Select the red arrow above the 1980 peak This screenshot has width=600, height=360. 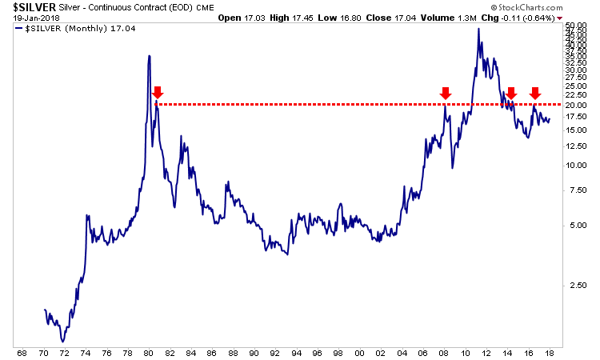tap(158, 93)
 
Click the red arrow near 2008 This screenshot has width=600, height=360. tap(446, 94)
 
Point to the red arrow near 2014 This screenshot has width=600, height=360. tap(511, 94)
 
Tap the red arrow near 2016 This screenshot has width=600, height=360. tap(535, 94)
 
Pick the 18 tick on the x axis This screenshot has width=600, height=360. tap(550, 352)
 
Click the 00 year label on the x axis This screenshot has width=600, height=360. tap(359, 352)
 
